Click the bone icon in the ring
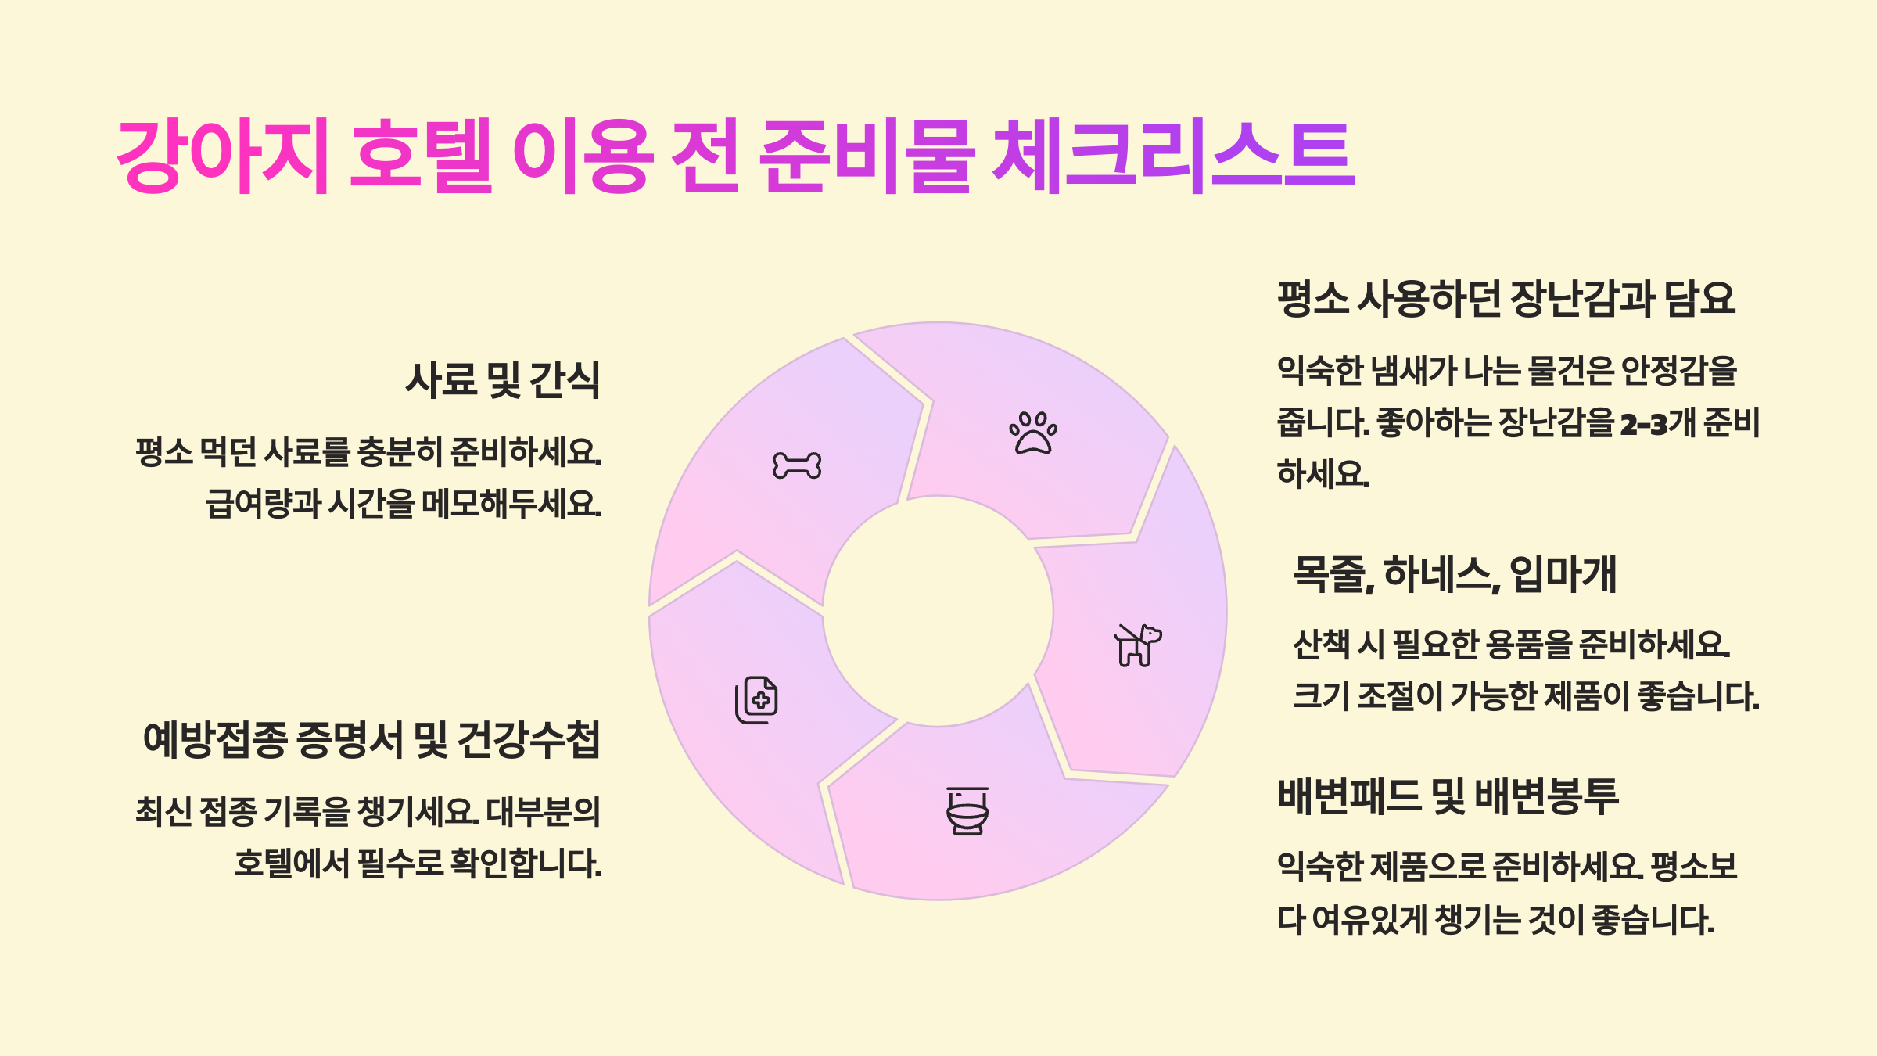797,465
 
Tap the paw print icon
1033,433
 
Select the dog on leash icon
1137,645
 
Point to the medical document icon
756,699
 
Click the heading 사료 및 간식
502,380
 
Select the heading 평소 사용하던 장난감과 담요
1506,299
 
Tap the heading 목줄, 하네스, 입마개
1454,574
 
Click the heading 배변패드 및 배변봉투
1448,796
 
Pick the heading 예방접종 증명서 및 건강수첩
371,740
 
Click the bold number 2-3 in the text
1643,424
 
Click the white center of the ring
938,611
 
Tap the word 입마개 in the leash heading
1563,574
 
